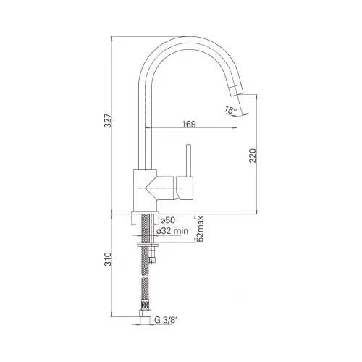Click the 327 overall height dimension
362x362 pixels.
(108, 121)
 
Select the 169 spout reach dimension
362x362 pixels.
(189, 124)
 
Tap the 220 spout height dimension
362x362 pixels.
(253, 156)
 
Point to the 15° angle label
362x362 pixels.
(230, 110)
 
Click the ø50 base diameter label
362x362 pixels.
(168, 220)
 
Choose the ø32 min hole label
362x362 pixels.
(172, 231)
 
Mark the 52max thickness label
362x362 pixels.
(201, 229)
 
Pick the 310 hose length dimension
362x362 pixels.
(108, 259)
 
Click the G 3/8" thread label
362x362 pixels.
(166, 320)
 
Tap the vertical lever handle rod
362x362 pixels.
(188, 161)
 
